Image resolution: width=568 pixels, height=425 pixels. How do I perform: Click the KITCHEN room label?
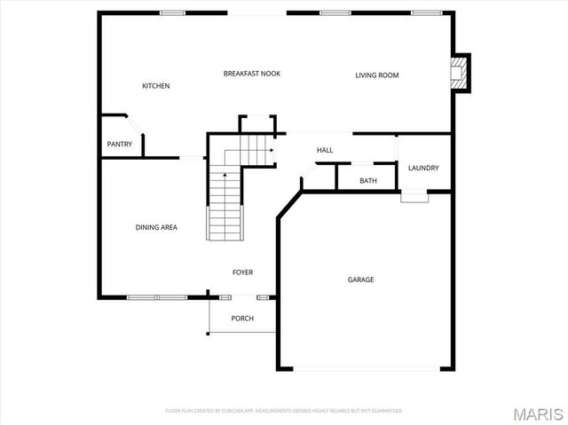(155, 86)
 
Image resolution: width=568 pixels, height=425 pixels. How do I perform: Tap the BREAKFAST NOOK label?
(251, 74)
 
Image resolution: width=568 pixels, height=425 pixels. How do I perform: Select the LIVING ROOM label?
(376, 75)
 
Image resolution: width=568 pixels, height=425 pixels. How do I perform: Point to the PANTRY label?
(119, 144)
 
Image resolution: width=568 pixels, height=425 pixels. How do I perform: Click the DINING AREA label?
(156, 227)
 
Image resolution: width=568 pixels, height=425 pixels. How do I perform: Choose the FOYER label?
(242, 272)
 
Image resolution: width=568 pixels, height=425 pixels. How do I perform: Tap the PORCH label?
(241, 318)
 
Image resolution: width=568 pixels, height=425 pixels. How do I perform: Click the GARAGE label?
(360, 279)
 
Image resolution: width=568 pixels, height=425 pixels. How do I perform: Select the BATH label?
(367, 181)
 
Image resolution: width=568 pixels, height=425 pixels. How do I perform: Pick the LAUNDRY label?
(422, 168)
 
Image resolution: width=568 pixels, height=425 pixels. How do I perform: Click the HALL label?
(325, 150)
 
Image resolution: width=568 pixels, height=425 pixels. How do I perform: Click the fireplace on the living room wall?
(459, 73)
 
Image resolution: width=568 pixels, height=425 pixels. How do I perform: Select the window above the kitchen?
(172, 12)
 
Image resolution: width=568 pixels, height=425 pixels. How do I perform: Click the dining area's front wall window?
(154, 296)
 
